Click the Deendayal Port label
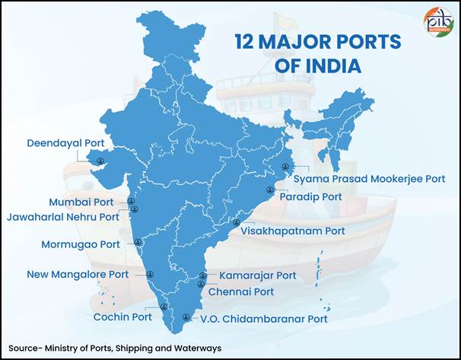click(65, 142)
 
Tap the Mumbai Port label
click(81, 202)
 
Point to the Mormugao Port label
click(80, 244)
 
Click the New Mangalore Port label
click(78, 274)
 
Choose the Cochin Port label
click(122, 317)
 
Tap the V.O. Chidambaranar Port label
click(263, 319)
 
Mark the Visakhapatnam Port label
click(293, 230)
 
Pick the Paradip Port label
click(310, 196)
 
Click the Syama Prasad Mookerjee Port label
click(369, 179)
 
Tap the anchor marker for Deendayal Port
click(100, 160)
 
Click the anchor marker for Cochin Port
click(164, 307)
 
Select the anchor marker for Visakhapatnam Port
click(236, 222)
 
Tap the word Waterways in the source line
click(196, 348)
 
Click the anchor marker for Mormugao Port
click(138, 243)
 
